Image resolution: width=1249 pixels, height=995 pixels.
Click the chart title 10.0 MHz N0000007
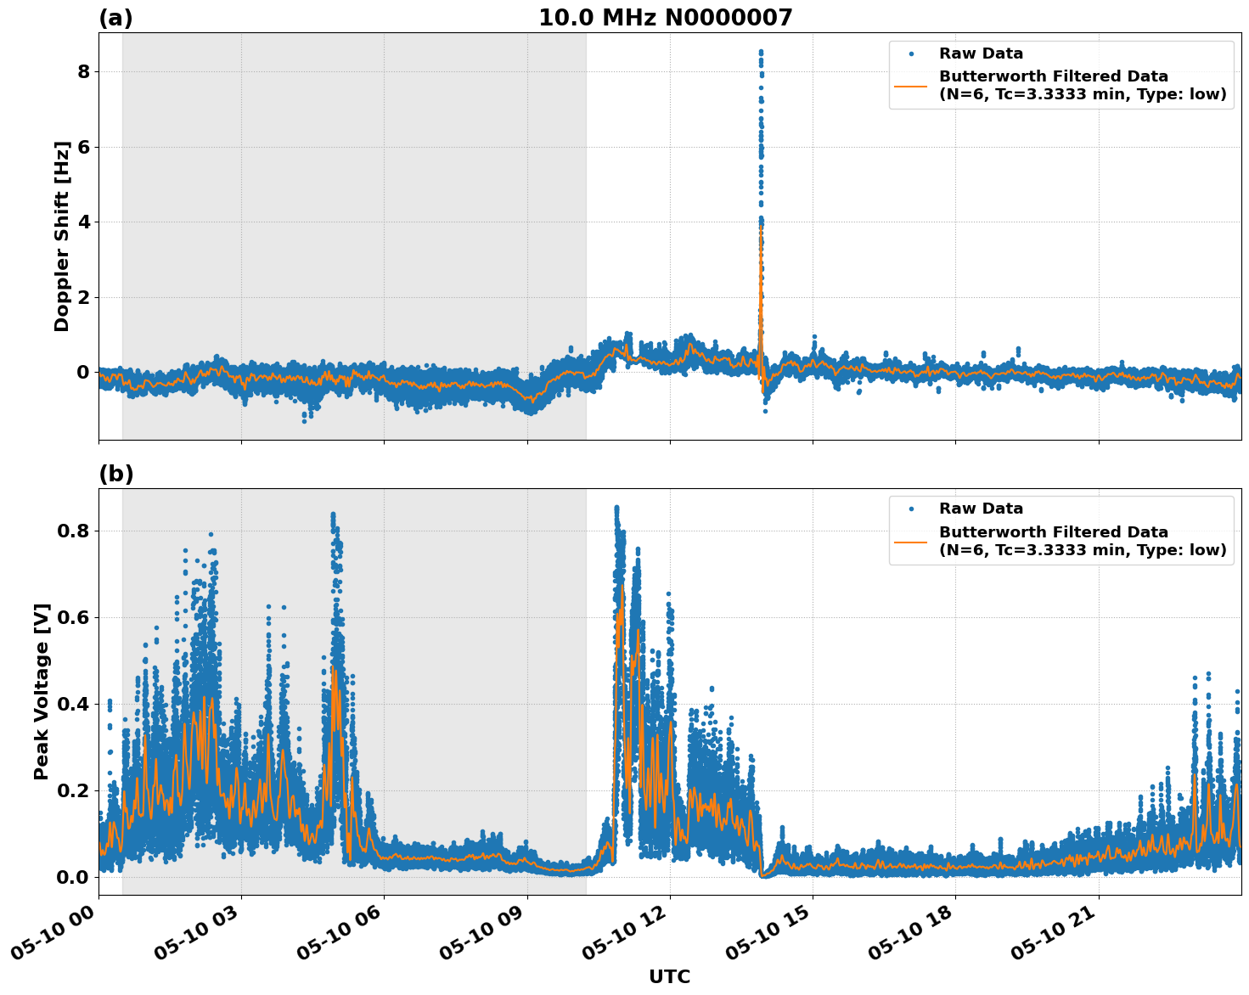click(666, 18)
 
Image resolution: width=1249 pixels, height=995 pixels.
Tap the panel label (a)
click(115, 18)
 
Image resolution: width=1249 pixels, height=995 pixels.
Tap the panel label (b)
click(115, 474)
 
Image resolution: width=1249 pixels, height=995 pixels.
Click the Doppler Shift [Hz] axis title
click(62, 236)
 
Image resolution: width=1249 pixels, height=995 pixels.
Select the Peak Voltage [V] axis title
click(42, 691)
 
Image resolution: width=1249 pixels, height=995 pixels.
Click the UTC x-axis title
click(669, 976)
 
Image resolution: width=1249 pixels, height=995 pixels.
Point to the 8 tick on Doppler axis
click(83, 71)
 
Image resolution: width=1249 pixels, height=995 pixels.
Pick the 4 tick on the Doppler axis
click(83, 222)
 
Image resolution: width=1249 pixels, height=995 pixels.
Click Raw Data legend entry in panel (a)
click(981, 54)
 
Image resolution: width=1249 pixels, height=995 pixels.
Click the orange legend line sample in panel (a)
click(910, 85)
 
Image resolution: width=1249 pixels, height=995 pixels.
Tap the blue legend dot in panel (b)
click(910, 509)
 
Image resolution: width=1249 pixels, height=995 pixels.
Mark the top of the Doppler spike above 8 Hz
click(760, 52)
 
